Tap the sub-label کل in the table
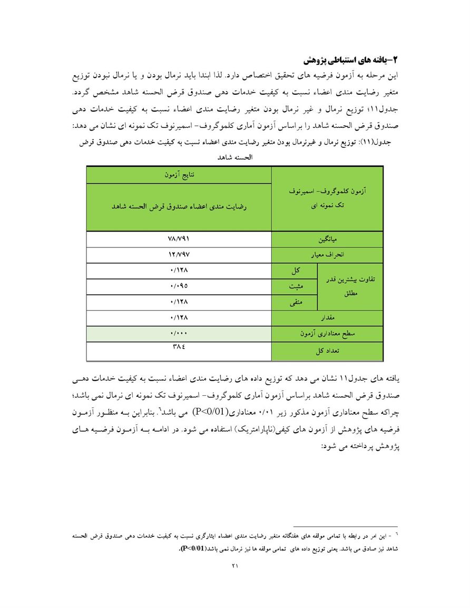coord(296,271)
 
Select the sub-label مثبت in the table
coord(296,287)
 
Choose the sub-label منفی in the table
coord(296,303)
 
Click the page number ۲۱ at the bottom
coord(235,566)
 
